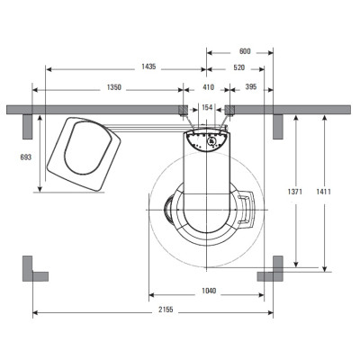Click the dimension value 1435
148,67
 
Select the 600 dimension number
245,51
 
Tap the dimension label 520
239,67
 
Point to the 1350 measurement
114,87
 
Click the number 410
208,87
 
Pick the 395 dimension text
251,86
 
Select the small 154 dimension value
207,107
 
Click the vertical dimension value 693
25,157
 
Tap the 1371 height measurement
295,192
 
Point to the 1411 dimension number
323,192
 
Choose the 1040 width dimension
209,291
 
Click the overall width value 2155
166,310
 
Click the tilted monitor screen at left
84,154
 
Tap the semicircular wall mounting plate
207,139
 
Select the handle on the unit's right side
247,210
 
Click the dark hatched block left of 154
183,110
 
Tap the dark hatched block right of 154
229,110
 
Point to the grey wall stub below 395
278,127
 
